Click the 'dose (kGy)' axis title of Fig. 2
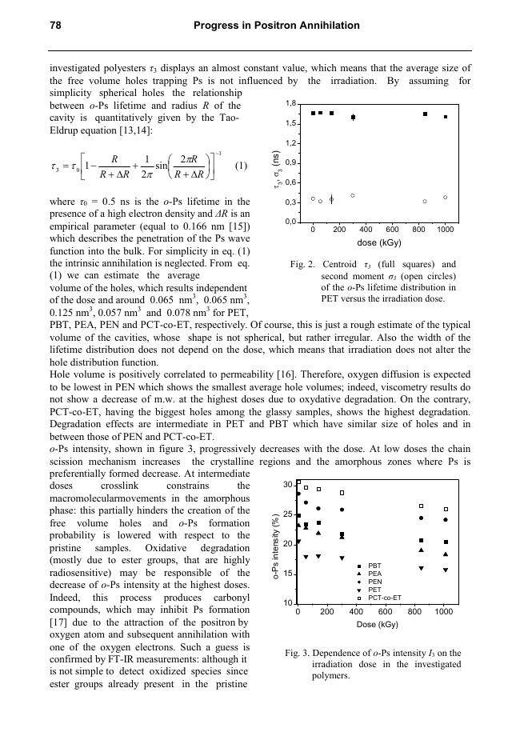[378, 242]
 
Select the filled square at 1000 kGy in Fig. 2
[446, 117]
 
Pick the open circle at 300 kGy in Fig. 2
[353, 195]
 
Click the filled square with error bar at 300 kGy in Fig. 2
[353, 117]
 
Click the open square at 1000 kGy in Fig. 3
[446, 509]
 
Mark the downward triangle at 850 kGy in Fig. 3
[422, 568]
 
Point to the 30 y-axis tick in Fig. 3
[287, 485]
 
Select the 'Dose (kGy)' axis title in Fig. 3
[378, 623]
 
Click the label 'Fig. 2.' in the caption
[303, 264]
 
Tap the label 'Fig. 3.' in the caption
[298, 654]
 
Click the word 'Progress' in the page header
[217, 26]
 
